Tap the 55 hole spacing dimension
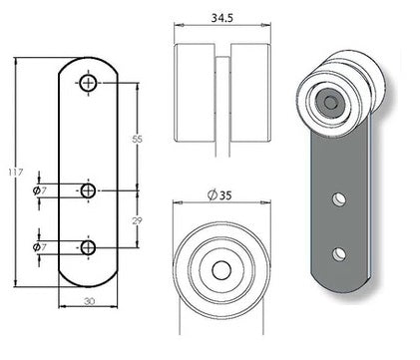coord(138,138)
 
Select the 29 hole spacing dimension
coord(138,217)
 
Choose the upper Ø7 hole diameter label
coord(37,189)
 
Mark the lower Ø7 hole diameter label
coord(37,246)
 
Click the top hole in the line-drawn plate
coord(88,83)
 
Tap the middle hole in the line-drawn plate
coord(88,189)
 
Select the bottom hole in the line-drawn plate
coord(88,246)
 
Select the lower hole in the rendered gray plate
coord(341,252)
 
